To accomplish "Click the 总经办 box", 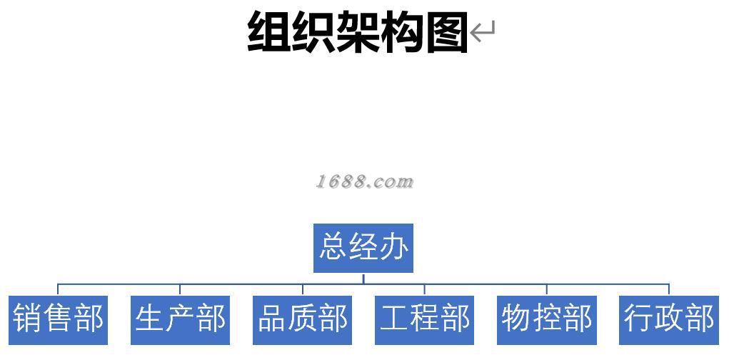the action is [363, 248].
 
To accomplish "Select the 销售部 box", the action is [58, 319].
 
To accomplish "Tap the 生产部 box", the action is [180, 319].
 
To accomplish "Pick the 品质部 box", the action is [302, 319].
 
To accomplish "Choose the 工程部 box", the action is [424, 319].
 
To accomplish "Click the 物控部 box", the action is [546, 319].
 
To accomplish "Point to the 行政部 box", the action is [668, 319].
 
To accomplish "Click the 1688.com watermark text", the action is [364, 181].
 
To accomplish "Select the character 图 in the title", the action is [446, 32].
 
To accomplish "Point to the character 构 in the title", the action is [402, 32].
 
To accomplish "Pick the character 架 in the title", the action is [358, 32].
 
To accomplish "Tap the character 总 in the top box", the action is [333, 247].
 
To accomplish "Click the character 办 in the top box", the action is [393, 247].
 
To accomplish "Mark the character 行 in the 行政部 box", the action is [638, 319].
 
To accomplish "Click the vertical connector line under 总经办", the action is [363, 278].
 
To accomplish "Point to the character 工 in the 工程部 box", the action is [394, 319].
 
